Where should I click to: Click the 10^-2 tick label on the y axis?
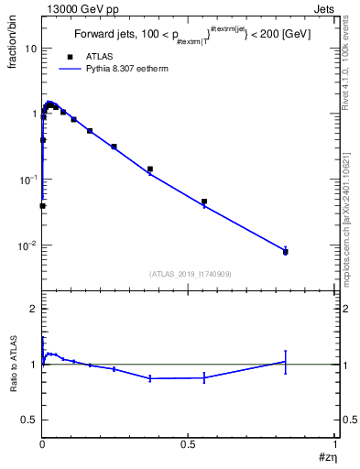click(x=26, y=245)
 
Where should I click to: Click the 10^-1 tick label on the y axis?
click(x=26, y=179)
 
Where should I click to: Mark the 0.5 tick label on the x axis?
click(x=188, y=442)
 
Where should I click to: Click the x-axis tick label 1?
click(x=334, y=442)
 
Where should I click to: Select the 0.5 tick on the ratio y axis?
click(x=27, y=419)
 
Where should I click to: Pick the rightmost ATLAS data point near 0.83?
click(x=286, y=252)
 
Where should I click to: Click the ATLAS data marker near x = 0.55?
click(x=204, y=202)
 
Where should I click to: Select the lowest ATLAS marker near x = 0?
click(x=43, y=206)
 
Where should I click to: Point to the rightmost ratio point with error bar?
click(x=286, y=362)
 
